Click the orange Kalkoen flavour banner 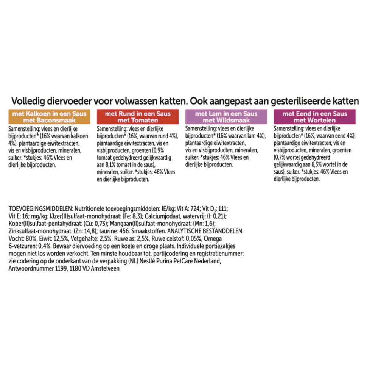coord(49,117)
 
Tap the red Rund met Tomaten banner coord(138,117)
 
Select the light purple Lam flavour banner coord(226,117)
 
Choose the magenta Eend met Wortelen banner coord(315,117)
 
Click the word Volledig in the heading coord(28,101)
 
